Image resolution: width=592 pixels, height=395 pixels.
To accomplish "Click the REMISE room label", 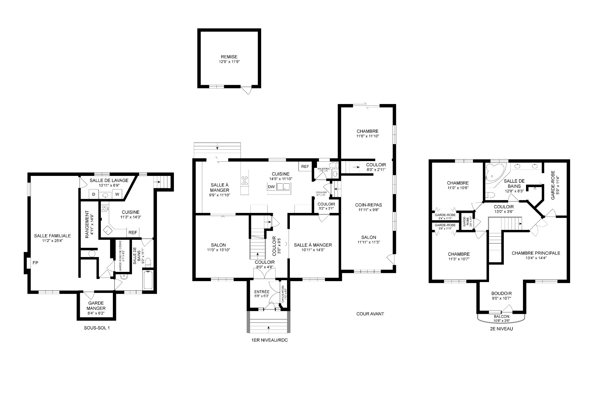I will coord(229,57).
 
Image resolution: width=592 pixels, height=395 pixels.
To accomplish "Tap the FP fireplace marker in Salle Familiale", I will coord(35,263).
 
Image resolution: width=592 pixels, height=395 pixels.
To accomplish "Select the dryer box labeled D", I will coord(94,194).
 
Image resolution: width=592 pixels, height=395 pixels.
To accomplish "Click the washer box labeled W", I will coord(117,194).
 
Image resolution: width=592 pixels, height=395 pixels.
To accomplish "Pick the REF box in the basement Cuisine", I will coord(133,232).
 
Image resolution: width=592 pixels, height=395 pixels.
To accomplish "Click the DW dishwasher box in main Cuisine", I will coord(271,187).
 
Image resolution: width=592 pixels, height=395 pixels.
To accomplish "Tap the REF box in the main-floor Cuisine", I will coord(305,167).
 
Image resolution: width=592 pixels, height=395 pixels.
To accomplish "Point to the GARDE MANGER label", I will coord(96,306).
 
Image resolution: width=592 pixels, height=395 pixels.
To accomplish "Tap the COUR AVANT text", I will coord(370,314).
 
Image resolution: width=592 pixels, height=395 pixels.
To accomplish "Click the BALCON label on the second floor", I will coord(501,316).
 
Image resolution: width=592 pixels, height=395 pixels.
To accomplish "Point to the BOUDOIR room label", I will coord(501,293).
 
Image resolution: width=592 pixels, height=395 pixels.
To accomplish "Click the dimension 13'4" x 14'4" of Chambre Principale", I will coord(536,258).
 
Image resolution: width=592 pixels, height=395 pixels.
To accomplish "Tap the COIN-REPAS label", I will coord(368,205).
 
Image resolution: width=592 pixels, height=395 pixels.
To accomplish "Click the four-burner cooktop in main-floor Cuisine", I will coord(245,181).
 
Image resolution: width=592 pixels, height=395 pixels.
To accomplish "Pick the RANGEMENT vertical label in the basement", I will coord(87,225).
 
